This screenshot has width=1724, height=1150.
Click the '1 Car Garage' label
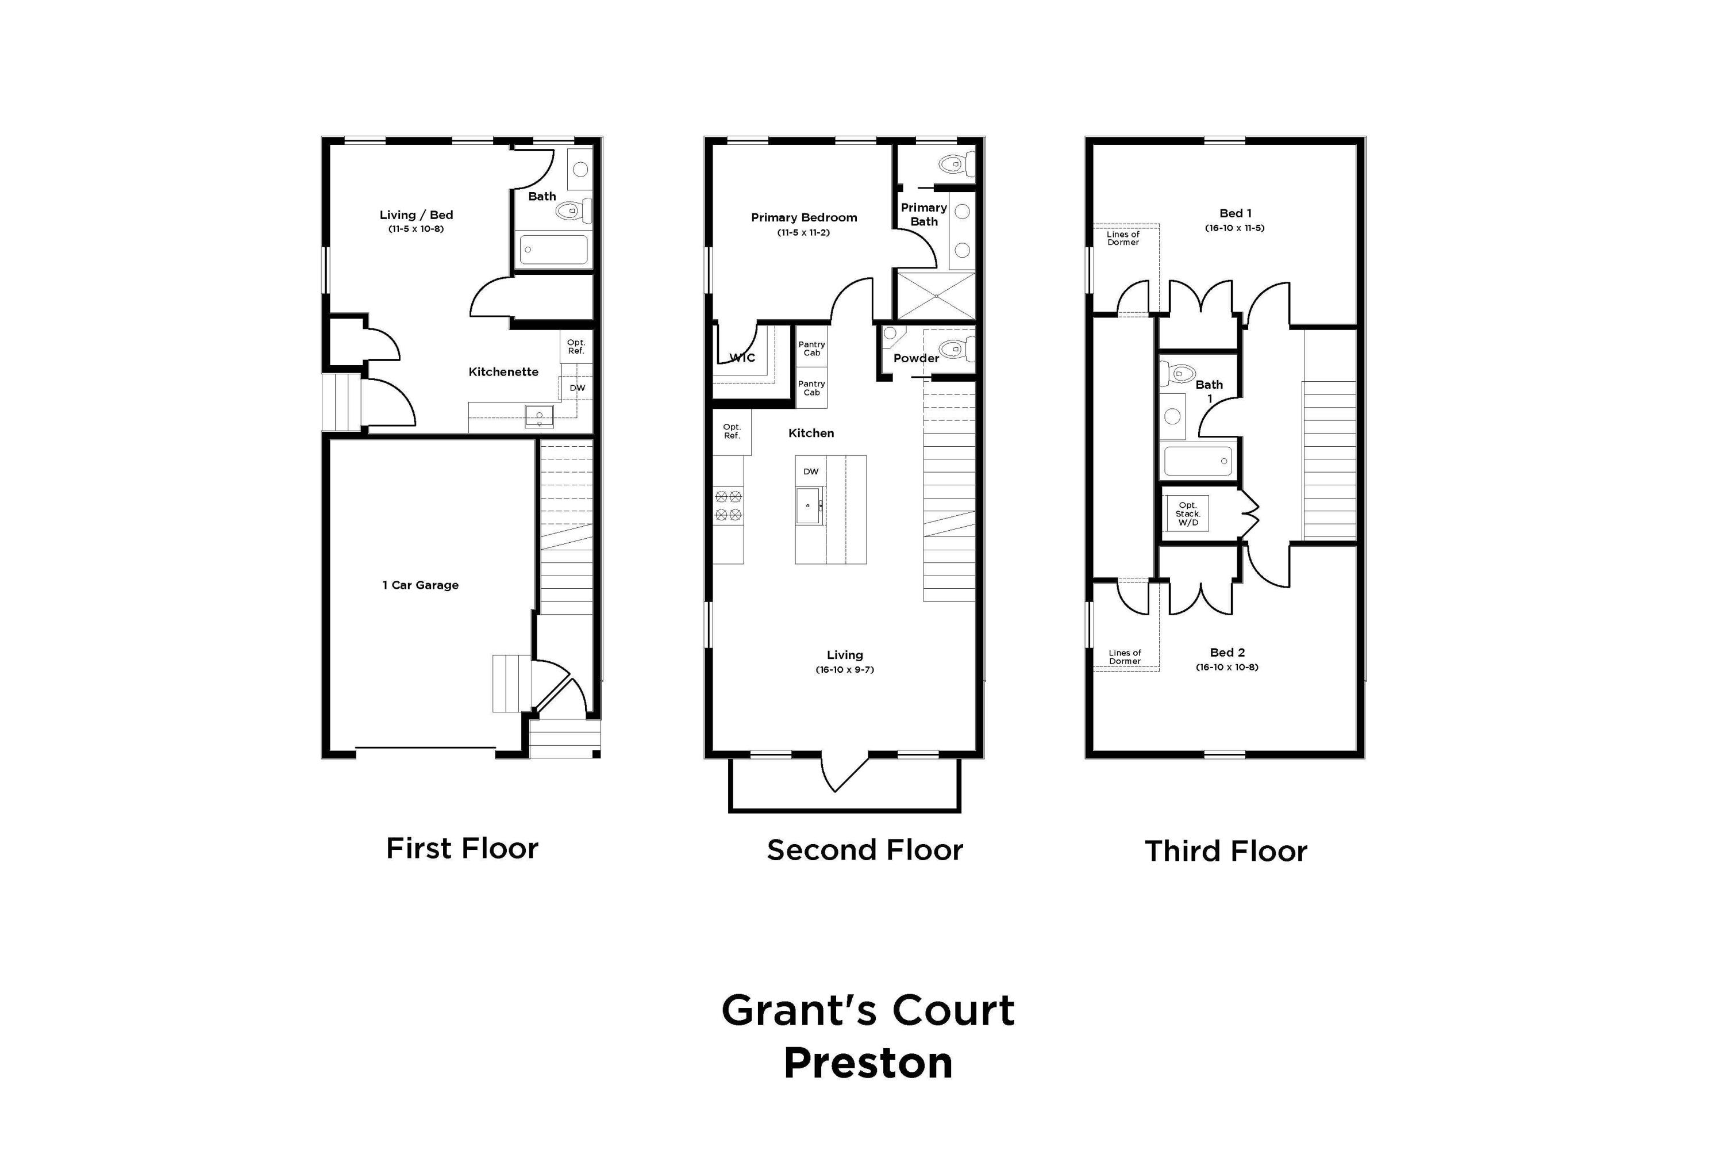(420, 585)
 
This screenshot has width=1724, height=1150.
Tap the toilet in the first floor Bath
(571, 211)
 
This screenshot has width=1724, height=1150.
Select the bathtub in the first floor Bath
(553, 250)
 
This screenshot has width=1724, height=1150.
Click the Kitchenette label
(503, 372)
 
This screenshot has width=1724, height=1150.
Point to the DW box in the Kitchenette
(577, 388)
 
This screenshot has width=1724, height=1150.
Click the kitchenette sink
(539, 416)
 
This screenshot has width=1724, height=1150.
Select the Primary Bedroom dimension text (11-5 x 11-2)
(803, 232)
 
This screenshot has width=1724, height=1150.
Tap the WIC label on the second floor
(742, 358)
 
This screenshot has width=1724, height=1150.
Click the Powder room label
(915, 358)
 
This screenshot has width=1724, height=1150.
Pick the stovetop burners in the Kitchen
(728, 506)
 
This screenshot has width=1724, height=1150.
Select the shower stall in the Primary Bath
(936, 296)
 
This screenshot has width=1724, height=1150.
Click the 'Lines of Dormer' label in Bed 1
(1122, 239)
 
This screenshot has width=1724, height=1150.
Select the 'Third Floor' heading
(1226, 852)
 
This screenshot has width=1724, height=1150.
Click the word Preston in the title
(868, 1063)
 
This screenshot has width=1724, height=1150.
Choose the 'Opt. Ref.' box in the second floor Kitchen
(732, 431)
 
